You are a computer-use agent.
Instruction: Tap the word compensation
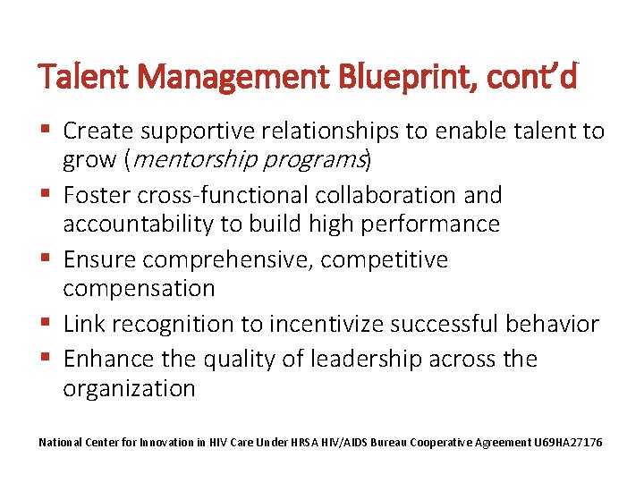click(139, 289)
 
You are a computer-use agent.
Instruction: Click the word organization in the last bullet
click(129, 389)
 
